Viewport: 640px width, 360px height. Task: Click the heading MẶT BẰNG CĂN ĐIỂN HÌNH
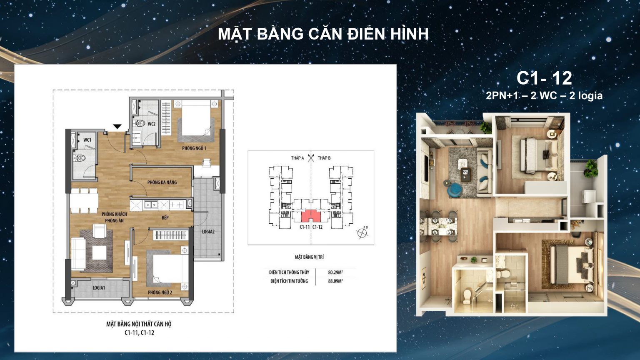point(323,34)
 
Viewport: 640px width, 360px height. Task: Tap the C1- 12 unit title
point(544,78)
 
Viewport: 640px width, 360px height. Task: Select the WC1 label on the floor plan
point(87,140)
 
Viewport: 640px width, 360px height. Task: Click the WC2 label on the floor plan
point(151,124)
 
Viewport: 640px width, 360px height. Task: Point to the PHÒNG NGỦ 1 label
point(194,148)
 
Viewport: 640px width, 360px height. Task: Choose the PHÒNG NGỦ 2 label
point(160,292)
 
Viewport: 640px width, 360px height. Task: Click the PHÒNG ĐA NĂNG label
point(162,182)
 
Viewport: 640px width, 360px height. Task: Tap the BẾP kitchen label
point(165,217)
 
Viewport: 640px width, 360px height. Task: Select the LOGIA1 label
point(99,288)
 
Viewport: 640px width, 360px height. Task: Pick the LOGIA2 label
point(208,232)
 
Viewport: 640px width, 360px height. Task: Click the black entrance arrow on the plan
point(117,126)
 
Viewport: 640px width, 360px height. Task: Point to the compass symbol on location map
point(362,233)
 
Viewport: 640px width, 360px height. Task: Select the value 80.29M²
point(335,272)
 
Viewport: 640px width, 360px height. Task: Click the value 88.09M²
point(335,281)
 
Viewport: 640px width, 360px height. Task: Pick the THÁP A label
point(297,158)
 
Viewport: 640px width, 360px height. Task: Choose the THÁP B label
point(324,158)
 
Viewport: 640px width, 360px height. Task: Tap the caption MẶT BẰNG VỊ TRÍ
point(309,257)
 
